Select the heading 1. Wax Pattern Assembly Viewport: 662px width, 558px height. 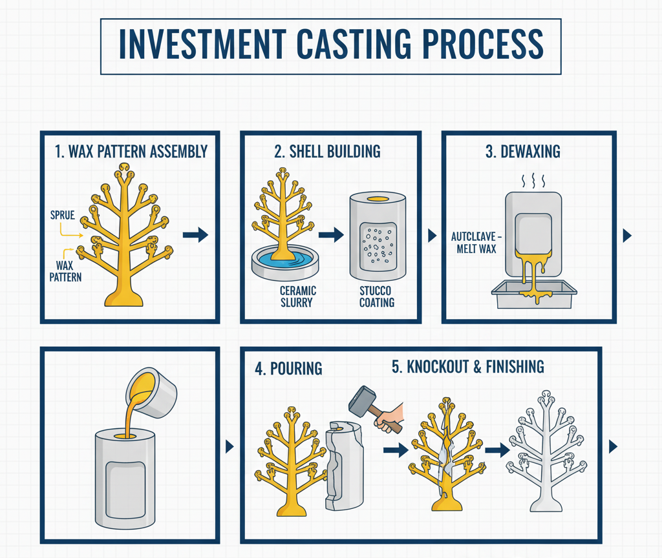tap(131, 151)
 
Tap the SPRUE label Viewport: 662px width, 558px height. tap(62, 214)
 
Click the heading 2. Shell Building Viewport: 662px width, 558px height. tap(327, 151)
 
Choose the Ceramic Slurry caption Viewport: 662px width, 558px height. tap(294, 296)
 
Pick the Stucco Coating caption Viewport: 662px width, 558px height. tap(376, 296)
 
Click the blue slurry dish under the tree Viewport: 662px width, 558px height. tap(284, 262)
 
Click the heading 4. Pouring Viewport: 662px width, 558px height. tap(288, 368)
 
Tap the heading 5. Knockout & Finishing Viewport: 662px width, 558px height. tap(467, 367)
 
